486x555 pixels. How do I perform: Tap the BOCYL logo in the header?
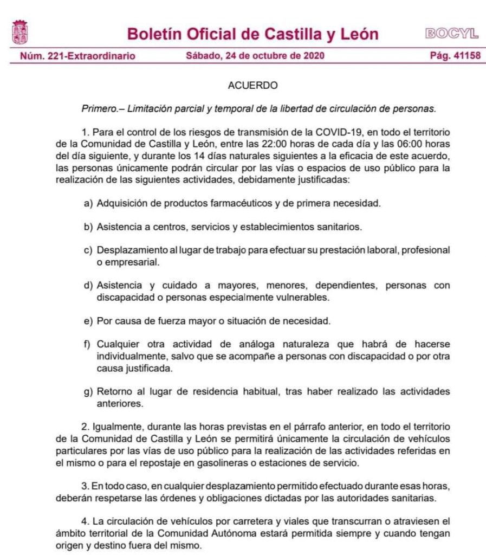pyautogui.click(x=451, y=34)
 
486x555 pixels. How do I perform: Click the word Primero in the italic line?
pyautogui.click(x=99, y=108)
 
